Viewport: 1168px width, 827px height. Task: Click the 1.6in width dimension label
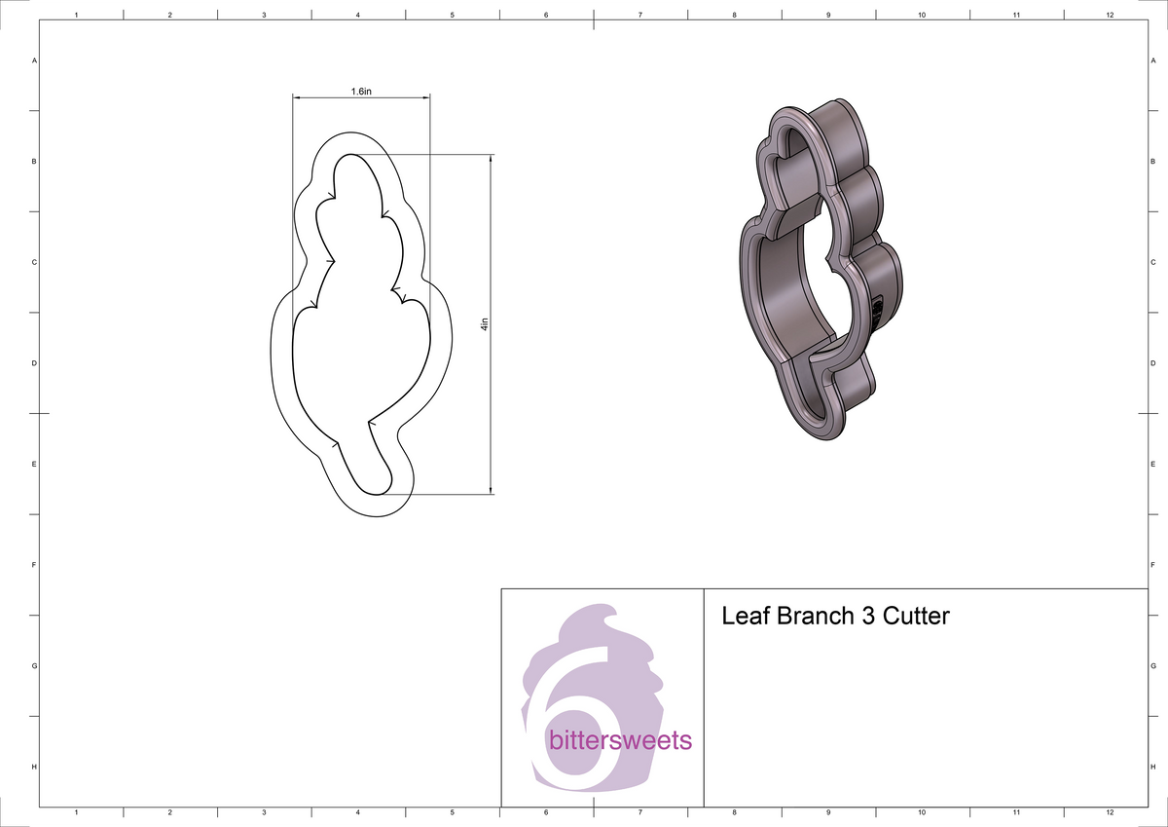coord(361,91)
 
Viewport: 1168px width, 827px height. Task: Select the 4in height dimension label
coord(484,324)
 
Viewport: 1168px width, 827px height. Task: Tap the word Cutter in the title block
coord(915,617)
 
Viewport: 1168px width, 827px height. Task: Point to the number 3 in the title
coord(866,617)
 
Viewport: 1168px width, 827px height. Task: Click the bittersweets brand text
coord(620,740)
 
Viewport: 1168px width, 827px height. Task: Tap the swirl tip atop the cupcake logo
coord(611,611)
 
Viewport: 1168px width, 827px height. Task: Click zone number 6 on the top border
coord(546,16)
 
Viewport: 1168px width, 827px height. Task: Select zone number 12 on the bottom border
coord(1110,811)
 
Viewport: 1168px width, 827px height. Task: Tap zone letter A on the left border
coord(35,60)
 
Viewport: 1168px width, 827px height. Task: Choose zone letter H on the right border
coord(1152,768)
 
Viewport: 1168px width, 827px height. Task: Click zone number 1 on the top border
coord(76,16)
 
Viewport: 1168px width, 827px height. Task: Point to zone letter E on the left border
coord(35,465)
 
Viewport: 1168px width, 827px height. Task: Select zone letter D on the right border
coord(1152,363)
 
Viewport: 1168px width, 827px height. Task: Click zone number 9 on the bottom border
coord(828,811)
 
